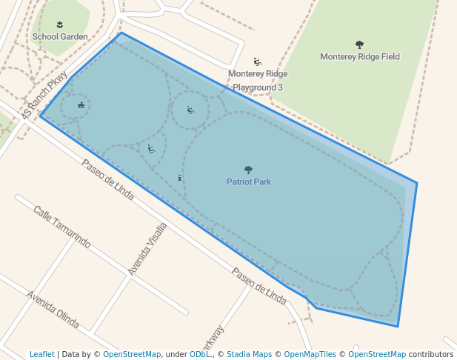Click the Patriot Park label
249,181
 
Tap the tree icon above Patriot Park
248,170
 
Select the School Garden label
60,36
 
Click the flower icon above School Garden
60,24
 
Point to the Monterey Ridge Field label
360,56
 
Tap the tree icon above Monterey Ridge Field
360,44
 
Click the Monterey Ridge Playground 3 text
257,81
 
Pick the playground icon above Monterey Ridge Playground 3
258,62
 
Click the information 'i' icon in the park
180,178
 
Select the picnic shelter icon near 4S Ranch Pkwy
81,105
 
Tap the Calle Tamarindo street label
61,227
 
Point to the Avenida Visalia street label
147,248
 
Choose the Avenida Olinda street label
53,310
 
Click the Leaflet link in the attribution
41,354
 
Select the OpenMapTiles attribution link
311,354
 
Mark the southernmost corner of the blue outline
398,326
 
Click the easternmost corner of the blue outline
417,183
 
